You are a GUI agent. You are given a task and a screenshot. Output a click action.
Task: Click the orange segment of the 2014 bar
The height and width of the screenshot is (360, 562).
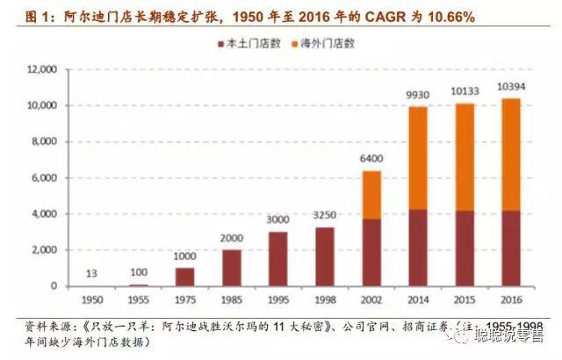point(417,158)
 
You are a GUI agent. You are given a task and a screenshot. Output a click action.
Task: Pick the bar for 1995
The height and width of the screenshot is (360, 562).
point(278,259)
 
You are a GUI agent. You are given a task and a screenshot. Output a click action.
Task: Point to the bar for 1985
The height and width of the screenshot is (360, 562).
point(231,268)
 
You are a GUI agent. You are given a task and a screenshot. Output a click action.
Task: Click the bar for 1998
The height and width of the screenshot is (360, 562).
point(324,256)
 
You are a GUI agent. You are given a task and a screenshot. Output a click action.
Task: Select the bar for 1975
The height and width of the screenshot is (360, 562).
point(185,277)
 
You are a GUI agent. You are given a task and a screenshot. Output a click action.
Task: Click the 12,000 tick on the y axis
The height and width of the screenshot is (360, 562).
point(42,69)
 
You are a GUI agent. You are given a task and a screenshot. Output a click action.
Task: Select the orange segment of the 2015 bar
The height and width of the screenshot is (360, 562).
point(465,157)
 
